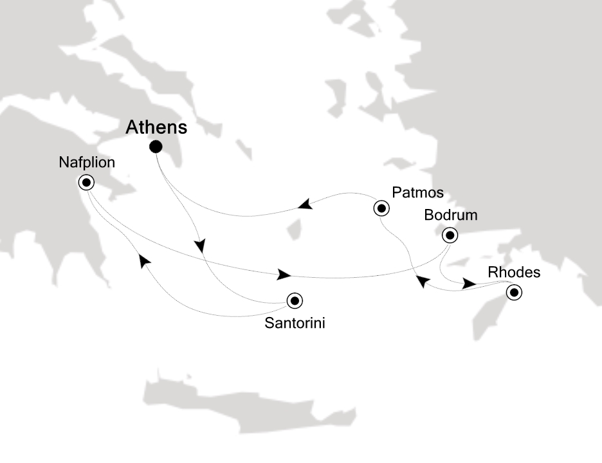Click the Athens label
point(156,127)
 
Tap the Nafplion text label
point(87,163)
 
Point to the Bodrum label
point(451,215)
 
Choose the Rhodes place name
point(515,272)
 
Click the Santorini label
point(295,323)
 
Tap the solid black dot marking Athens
point(156,147)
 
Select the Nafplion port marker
point(86,183)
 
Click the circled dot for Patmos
point(381,208)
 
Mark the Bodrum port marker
point(450,235)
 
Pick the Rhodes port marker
point(514,293)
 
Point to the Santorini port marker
point(295,300)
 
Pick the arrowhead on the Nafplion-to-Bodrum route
point(284,275)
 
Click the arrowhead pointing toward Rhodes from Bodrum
point(470,284)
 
